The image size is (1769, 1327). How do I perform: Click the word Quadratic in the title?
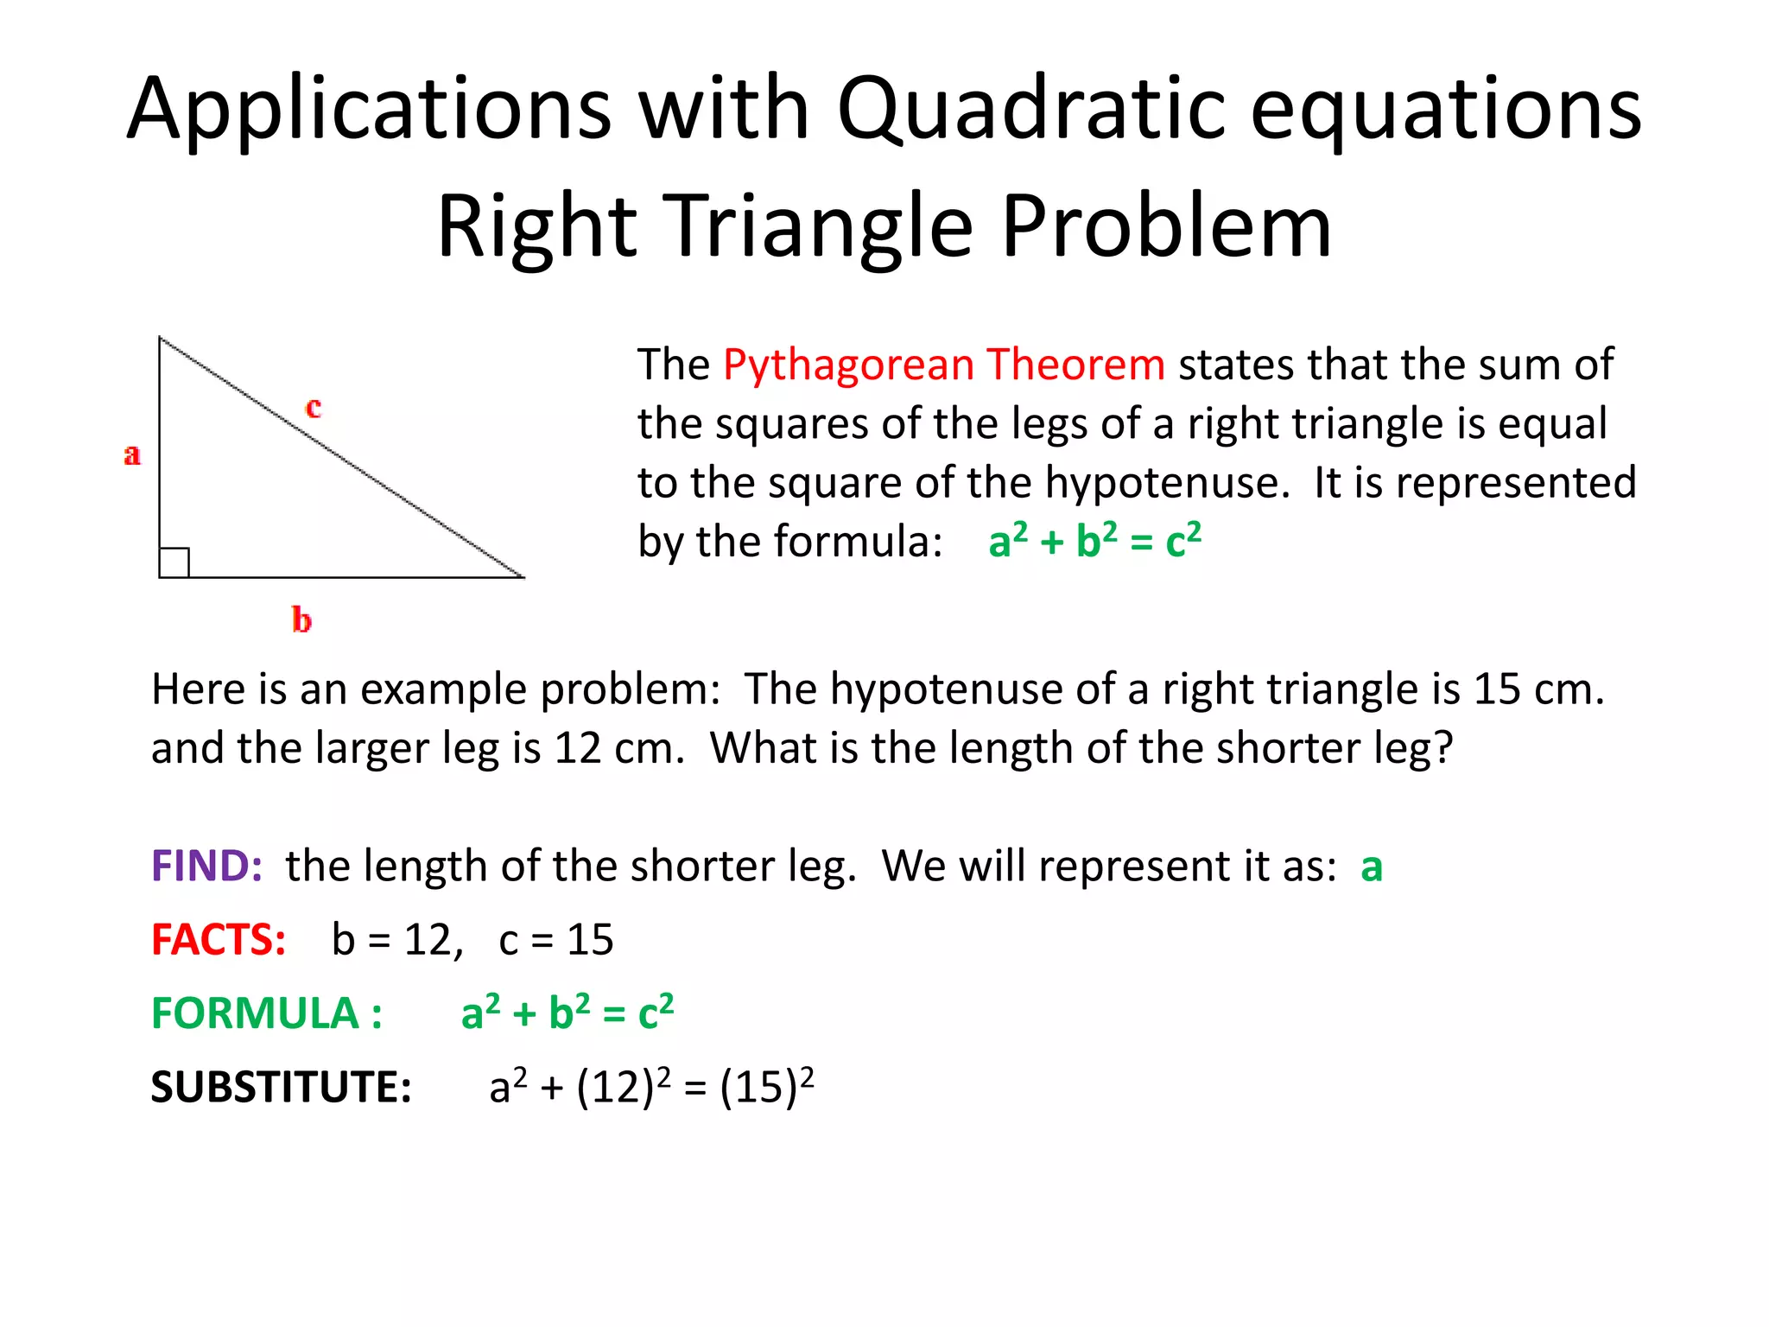(x=1031, y=110)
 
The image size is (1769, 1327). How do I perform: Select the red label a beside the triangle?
(x=131, y=454)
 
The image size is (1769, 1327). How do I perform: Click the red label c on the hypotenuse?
(x=314, y=407)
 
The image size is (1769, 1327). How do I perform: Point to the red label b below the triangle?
(x=301, y=619)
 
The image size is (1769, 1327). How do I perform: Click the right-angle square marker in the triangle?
(x=174, y=562)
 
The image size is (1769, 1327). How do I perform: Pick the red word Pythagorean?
(x=848, y=365)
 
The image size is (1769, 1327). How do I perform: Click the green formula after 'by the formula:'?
(x=1094, y=542)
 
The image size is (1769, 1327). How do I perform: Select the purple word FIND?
(x=206, y=866)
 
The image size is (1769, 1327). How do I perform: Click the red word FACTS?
(x=219, y=940)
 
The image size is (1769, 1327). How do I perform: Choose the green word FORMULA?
(x=255, y=1013)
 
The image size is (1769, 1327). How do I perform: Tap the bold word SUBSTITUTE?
(x=281, y=1087)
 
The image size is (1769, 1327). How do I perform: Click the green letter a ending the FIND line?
(x=1371, y=867)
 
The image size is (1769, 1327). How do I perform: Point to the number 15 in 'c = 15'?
(x=590, y=940)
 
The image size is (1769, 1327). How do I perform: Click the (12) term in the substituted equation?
(x=615, y=1087)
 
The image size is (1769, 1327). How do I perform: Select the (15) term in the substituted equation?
(x=758, y=1087)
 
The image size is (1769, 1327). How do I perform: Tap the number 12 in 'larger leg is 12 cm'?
(x=577, y=748)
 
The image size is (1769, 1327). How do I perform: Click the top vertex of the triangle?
(x=160, y=338)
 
